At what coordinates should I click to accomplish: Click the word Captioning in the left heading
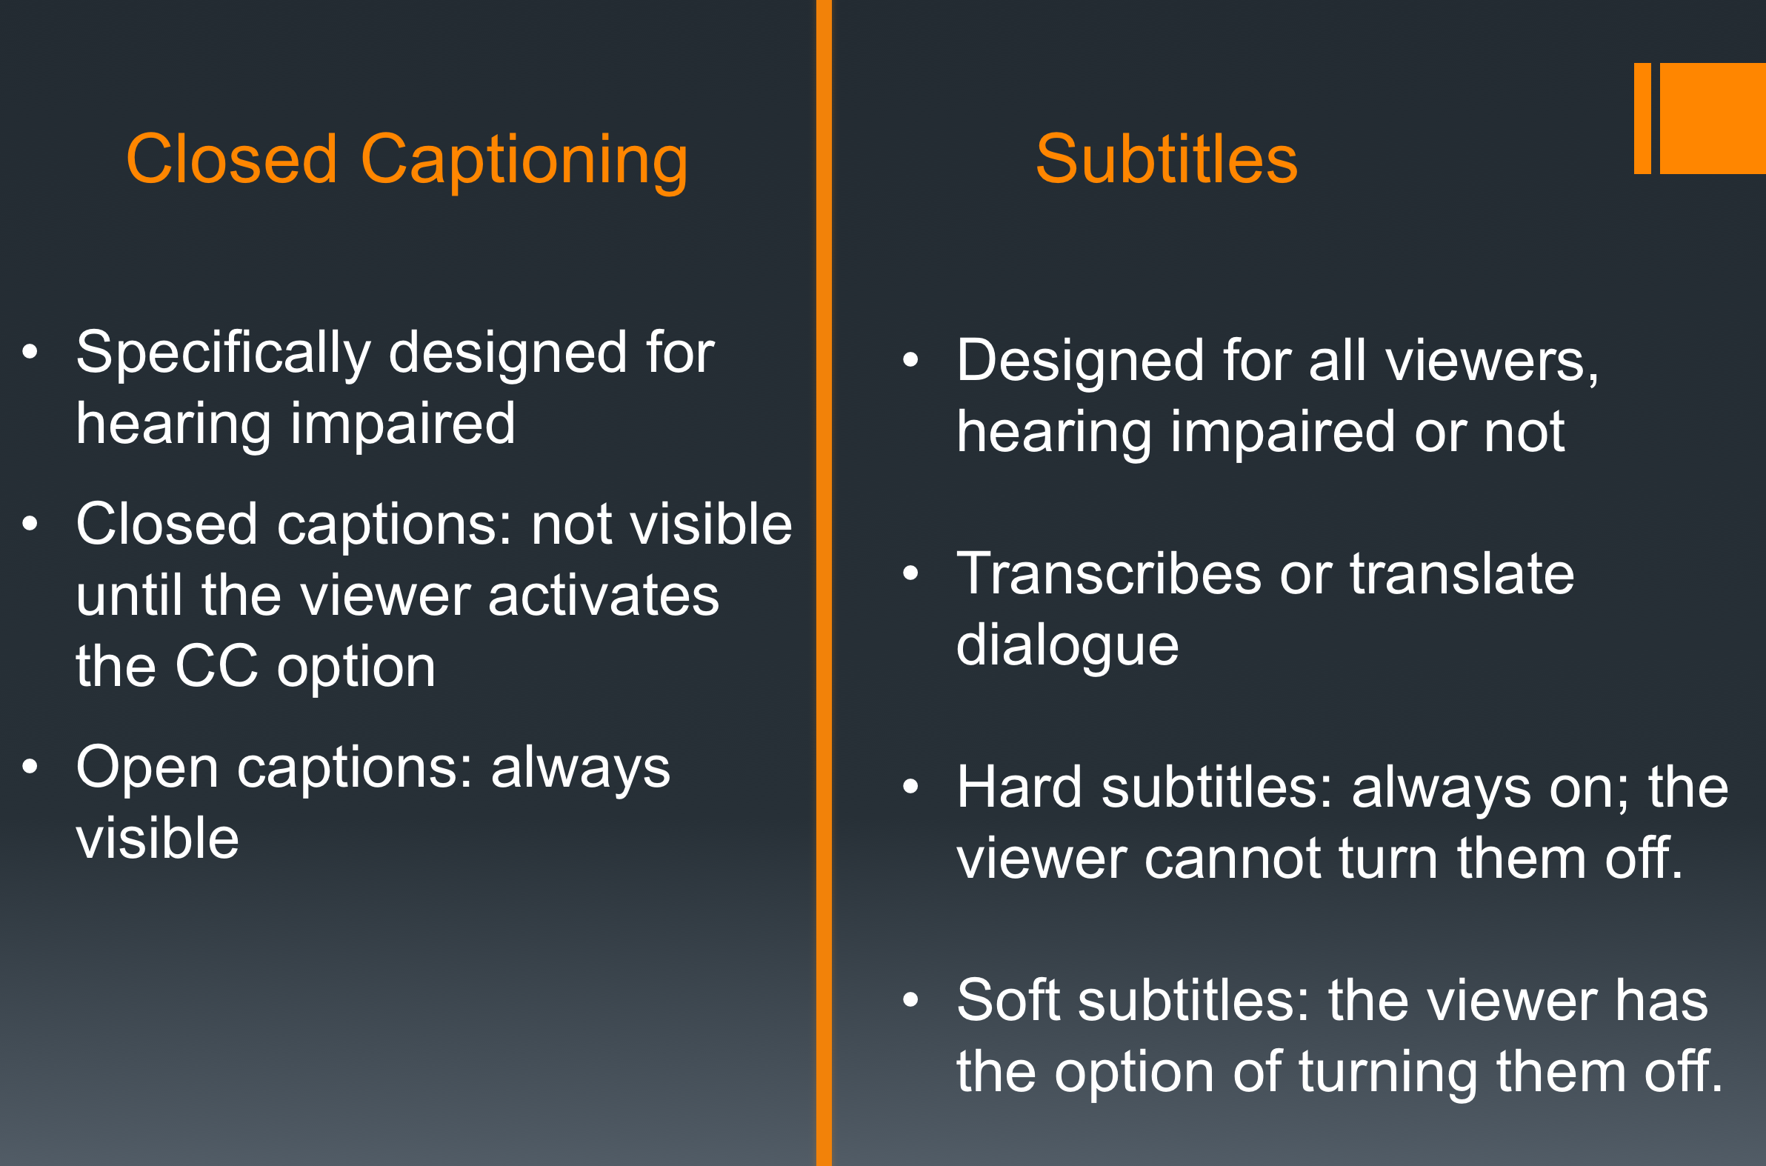(x=524, y=162)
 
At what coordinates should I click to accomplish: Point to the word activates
(x=604, y=595)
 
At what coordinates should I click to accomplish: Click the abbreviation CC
(x=216, y=666)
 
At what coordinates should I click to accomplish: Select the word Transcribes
(x=1109, y=574)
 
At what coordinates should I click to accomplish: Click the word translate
(x=1462, y=574)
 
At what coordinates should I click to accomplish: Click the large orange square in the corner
(x=1713, y=119)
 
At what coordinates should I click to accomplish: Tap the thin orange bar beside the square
(x=1642, y=119)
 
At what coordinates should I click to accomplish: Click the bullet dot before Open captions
(x=30, y=767)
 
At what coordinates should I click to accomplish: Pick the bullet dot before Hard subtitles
(x=910, y=787)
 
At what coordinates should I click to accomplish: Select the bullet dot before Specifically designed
(x=30, y=352)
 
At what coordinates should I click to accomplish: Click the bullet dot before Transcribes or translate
(x=910, y=573)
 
